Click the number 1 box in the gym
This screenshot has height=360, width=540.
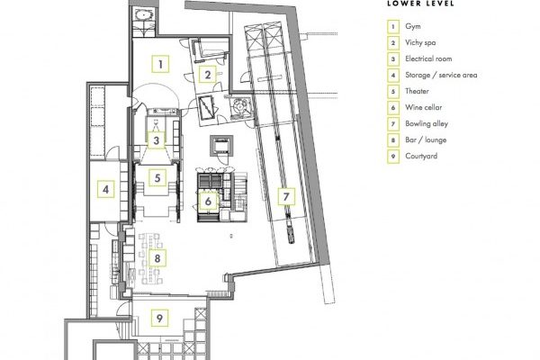click(x=160, y=64)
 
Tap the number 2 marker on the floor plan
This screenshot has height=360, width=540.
click(x=207, y=75)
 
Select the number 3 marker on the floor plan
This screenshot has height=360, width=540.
click(x=157, y=140)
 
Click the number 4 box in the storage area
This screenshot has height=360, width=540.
click(x=105, y=189)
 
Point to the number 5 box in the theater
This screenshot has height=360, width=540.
click(x=157, y=178)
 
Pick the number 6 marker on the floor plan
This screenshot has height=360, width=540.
click(x=208, y=201)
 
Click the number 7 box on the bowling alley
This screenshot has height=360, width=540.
click(x=286, y=197)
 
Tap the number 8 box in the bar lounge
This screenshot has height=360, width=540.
click(x=157, y=258)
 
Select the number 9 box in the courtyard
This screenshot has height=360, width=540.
click(x=159, y=318)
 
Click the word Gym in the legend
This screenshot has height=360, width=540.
click(x=412, y=26)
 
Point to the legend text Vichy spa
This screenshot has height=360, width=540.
click(x=420, y=42)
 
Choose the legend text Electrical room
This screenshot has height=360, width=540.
click(x=428, y=58)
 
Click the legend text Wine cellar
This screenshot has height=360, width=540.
click(x=423, y=107)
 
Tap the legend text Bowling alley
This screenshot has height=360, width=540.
click(x=427, y=123)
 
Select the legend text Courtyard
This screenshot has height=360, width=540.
click(x=421, y=156)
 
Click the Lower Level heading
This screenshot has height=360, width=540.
click(x=420, y=4)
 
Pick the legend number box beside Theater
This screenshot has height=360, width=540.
click(x=393, y=91)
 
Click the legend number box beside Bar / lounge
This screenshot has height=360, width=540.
click(x=393, y=139)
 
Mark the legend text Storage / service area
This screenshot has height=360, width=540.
click(x=441, y=75)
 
